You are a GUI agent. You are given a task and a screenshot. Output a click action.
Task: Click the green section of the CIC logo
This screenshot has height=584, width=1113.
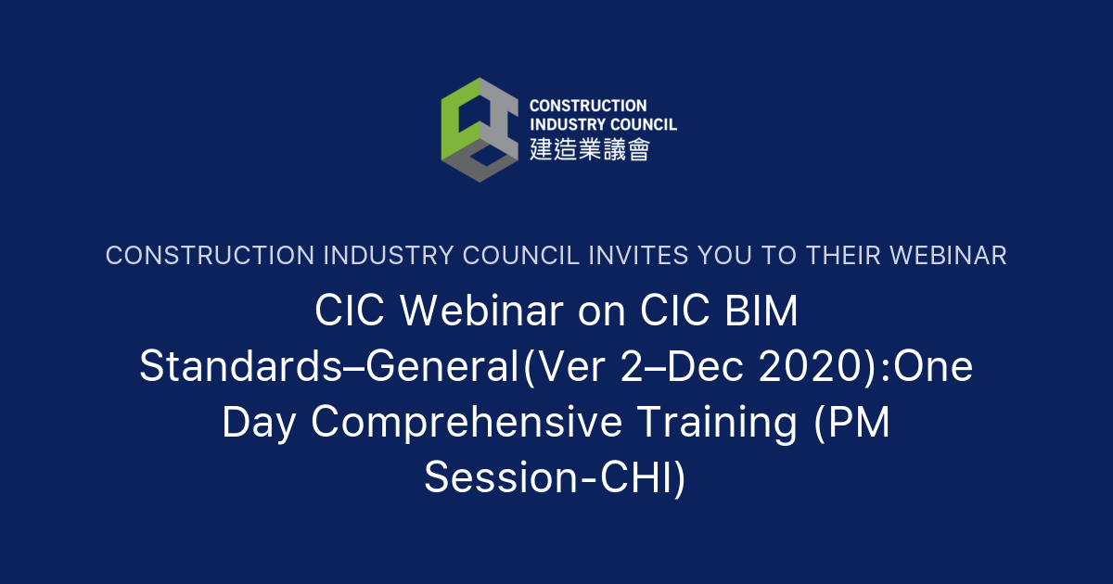click(456, 116)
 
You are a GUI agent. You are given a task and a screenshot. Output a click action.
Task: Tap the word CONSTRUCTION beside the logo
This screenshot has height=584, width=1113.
click(588, 106)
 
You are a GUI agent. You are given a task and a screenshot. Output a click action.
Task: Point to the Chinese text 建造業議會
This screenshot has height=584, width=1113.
click(590, 148)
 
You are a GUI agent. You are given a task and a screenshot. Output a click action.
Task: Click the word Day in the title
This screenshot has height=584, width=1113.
click(260, 423)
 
